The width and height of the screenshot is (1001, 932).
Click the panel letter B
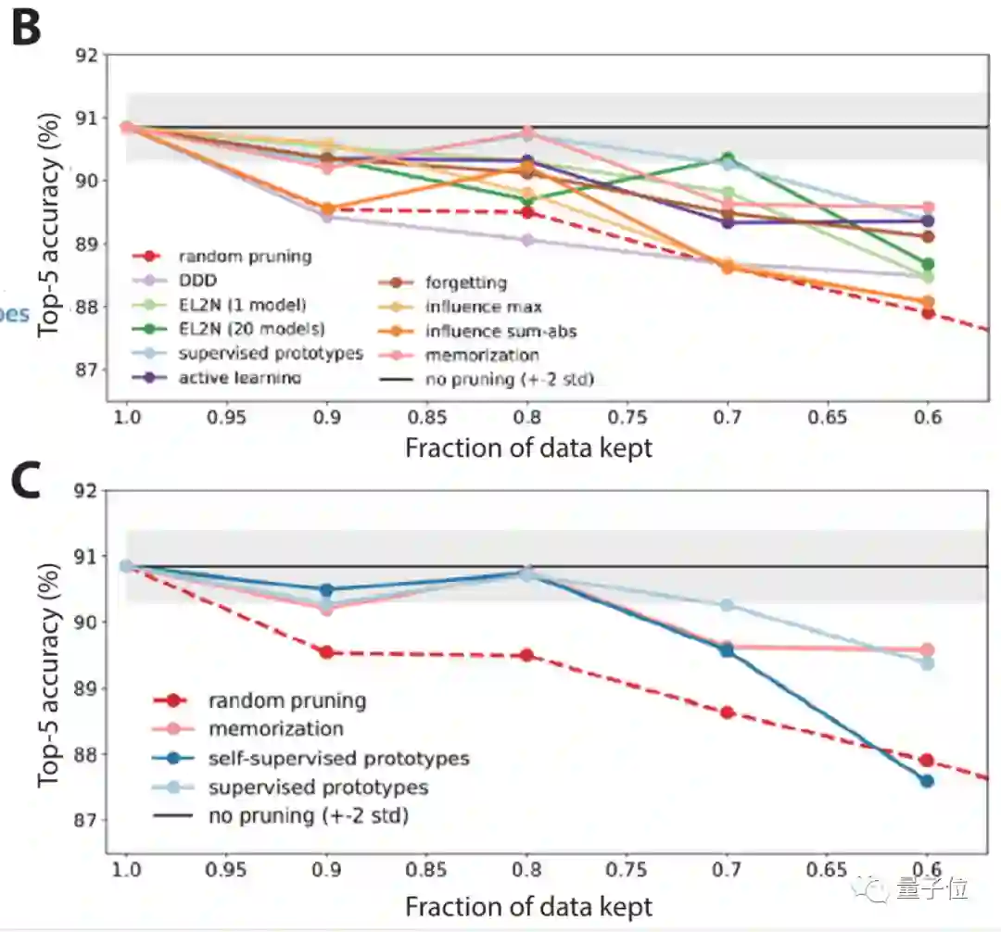tap(26, 30)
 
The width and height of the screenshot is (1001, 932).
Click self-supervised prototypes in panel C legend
tap(338, 759)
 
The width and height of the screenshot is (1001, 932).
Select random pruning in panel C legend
tap(287, 700)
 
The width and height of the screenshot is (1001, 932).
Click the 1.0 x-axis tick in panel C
tap(127, 872)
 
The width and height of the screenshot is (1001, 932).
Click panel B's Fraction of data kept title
tap(528, 448)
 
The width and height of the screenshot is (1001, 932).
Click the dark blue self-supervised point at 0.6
tap(926, 781)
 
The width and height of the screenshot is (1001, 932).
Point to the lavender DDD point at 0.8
tap(527, 240)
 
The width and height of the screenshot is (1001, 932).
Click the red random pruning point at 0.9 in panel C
tap(326, 652)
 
